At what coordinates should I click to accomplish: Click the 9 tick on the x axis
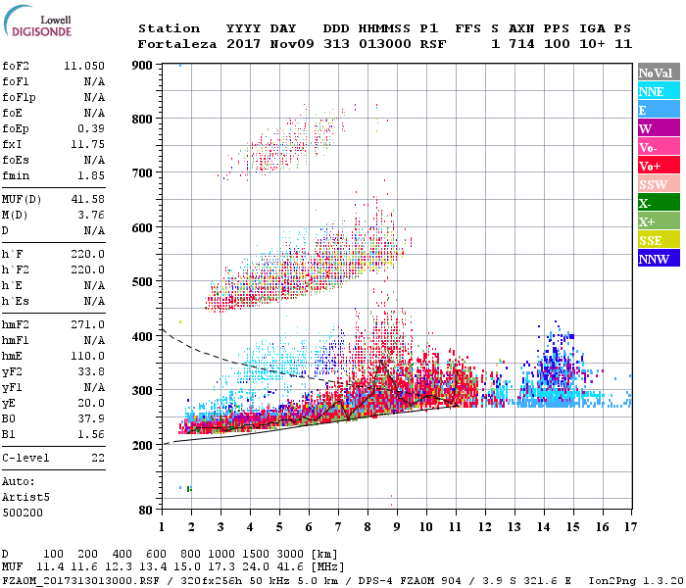click(397, 527)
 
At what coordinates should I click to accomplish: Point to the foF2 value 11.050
click(84, 65)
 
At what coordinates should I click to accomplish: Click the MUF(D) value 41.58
click(88, 200)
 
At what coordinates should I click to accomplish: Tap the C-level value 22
click(97, 458)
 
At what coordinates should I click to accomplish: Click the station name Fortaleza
click(178, 44)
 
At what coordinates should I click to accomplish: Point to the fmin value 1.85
click(91, 174)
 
